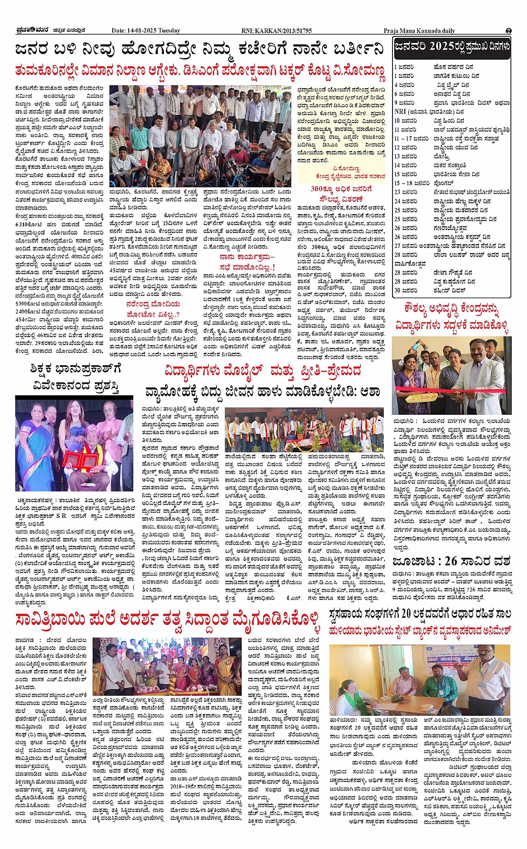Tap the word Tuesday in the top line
(171, 31)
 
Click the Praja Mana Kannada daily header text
(419, 31)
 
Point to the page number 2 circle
(509, 31)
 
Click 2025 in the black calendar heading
(441, 47)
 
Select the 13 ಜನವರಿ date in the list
(405, 156)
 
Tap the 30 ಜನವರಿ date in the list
(405, 290)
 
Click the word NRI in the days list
(400, 111)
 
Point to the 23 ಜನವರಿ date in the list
(405, 192)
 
